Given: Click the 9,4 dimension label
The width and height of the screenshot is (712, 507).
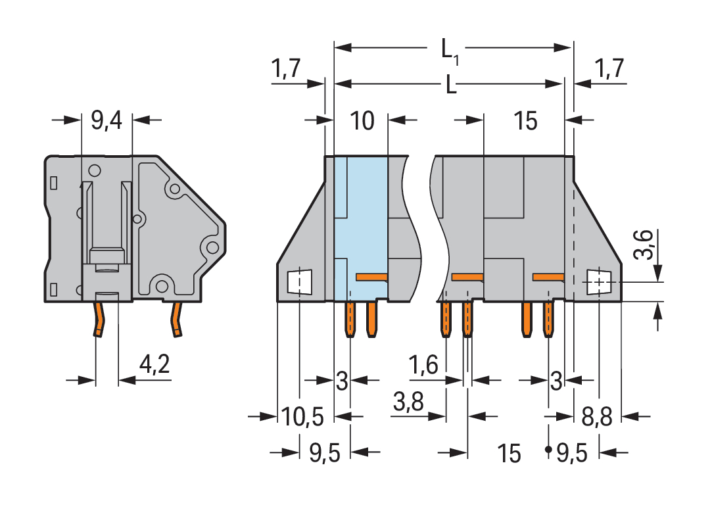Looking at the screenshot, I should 107,120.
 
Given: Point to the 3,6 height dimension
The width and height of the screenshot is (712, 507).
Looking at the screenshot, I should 647,245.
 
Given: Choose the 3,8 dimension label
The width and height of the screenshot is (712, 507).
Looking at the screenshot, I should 408,402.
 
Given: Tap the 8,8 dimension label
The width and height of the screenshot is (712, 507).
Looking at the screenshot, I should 598,416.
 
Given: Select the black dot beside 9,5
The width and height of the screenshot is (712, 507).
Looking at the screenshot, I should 548,450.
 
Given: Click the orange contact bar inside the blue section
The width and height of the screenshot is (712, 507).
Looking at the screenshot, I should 372,277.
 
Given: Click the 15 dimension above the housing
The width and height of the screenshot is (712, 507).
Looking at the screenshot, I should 525,121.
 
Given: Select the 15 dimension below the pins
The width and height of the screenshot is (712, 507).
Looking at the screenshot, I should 509,453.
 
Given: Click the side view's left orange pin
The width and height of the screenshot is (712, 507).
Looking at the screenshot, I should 99,318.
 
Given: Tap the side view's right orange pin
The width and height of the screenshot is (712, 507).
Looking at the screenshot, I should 176,320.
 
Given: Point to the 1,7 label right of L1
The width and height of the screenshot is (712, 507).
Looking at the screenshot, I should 608,68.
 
